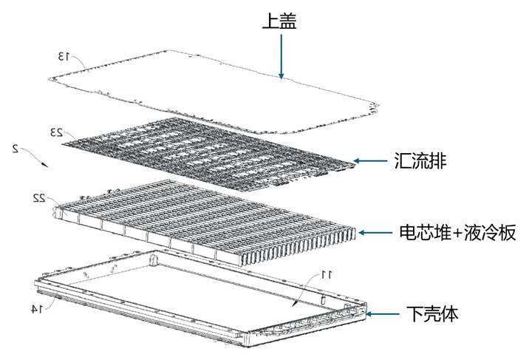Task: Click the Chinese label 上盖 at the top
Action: tap(279, 21)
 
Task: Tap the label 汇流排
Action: tap(420, 161)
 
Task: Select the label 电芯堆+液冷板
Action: tap(457, 233)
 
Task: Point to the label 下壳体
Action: tap(432, 314)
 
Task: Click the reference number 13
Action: tap(64, 57)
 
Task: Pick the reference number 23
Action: tap(56, 132)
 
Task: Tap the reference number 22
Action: tap(38, 198)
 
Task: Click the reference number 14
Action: tap(37, 309)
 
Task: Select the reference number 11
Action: tap(327, 274)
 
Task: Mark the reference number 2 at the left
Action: tap(16, 149)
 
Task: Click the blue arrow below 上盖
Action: tap(281, 56)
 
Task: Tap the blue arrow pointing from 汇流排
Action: tap(370, 161)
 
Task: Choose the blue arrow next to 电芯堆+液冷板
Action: tap(375, 233)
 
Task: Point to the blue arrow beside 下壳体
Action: tap(383, 314)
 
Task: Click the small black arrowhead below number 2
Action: tap(46, 165)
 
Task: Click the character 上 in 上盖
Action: tap(270, 21)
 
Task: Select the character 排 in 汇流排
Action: tap(438, 161)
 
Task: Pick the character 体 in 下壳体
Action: tap(450, 314)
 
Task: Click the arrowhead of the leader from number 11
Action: tap(294, 303)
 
